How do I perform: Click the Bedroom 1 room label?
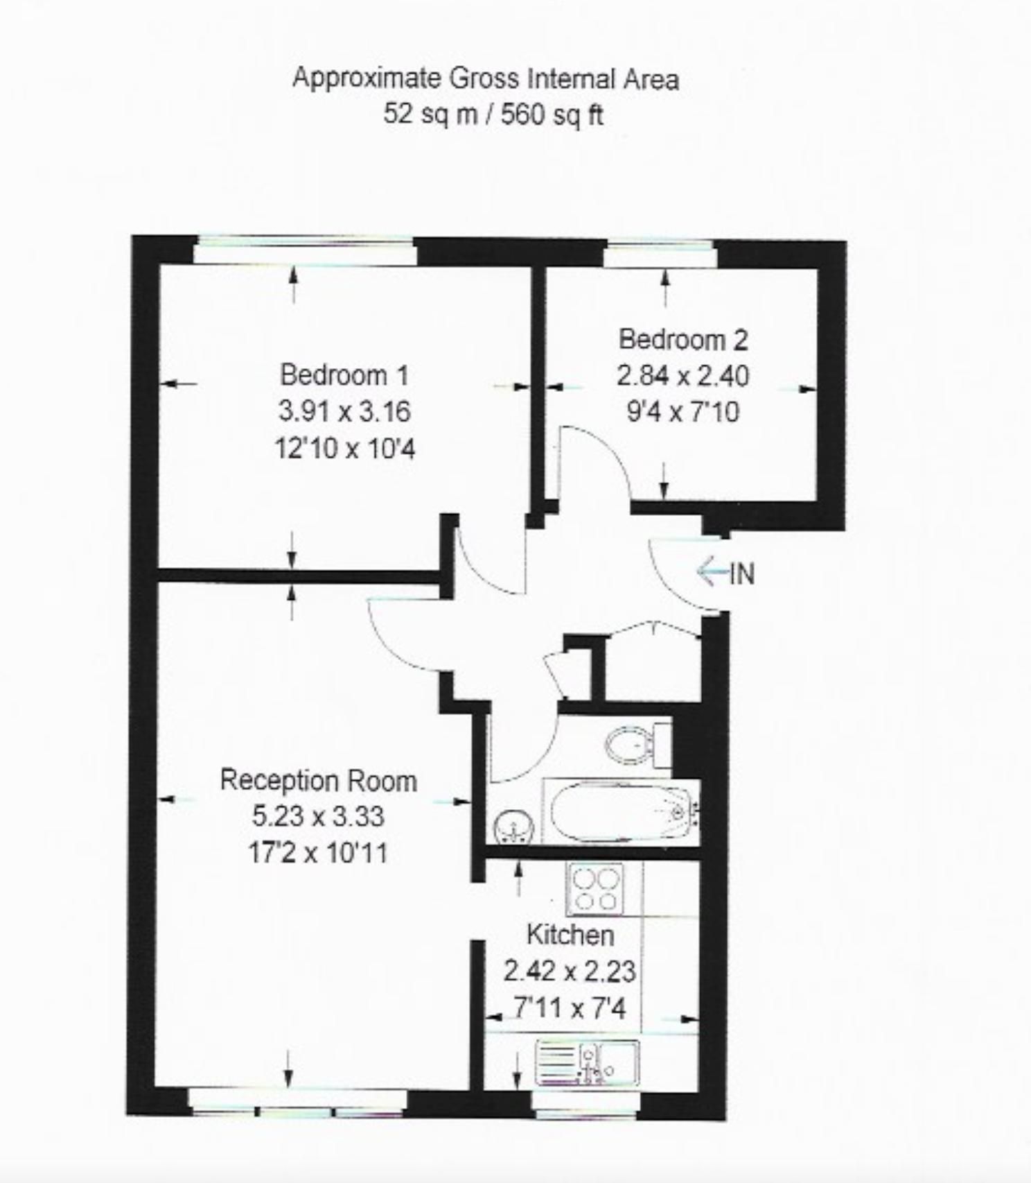click(344, 375)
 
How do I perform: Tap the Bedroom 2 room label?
click(682, 340)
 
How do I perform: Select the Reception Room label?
click(318, 780)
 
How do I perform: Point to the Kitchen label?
click(570, 935)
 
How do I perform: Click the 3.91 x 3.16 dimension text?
click(344, 412)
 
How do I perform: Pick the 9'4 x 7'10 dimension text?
click(682, 413)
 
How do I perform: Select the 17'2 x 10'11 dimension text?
click(318, 852)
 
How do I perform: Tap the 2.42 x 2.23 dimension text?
click(569, 971)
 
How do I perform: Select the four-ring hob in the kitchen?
click(595, 889)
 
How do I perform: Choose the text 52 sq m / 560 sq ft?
click(493, 114)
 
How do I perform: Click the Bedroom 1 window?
click(305, 251)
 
